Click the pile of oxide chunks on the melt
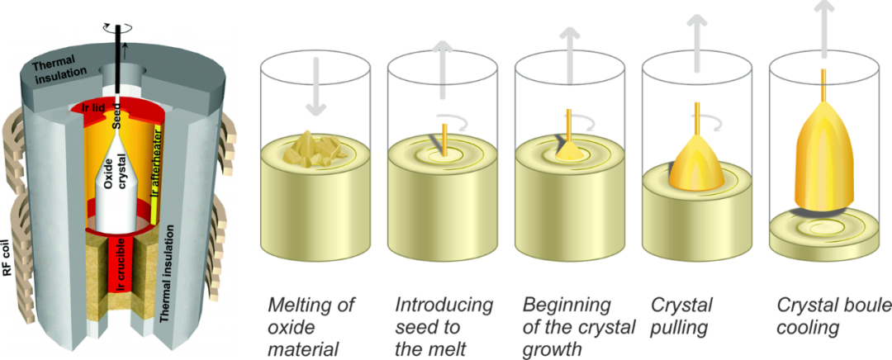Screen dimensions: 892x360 tap(312, 148)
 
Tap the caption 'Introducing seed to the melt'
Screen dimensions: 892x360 tap(444, 327)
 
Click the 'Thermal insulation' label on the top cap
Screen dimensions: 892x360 tap(61, 73)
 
